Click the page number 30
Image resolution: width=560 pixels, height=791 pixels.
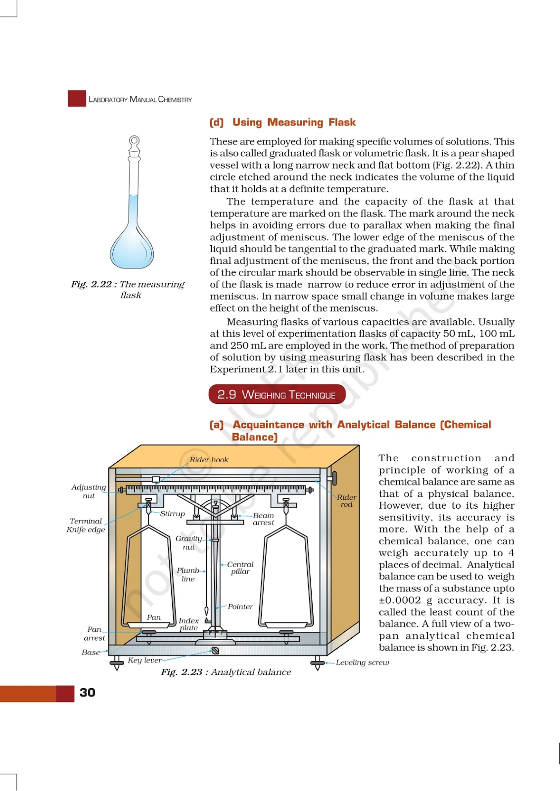click(x=87, y=693)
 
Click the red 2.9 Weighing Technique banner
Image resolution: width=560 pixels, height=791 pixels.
click(x=277, y=395)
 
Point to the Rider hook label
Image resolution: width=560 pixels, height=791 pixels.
click(x=209, y=460)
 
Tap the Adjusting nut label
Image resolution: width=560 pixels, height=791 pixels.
click(x=89, y=491)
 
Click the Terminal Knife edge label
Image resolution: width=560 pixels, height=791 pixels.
click(x=86, y=525)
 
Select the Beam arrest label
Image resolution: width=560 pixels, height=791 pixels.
click(x=263, y=519)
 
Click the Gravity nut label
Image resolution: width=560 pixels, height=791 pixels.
click(x=188, y=542)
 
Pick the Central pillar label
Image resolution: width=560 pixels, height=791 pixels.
click(x=240, y=568)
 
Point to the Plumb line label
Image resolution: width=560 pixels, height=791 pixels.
click(x=188, y=574)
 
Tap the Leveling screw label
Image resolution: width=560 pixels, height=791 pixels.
click(x=362, y=662)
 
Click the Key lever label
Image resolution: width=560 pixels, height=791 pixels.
click(x=144, y=660)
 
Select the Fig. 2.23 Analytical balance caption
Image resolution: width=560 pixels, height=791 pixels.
click(x=226, y=672)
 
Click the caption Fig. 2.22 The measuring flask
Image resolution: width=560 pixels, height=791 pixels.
click(x=128, y=289)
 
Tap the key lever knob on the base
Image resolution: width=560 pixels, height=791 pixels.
click(x=215, y=651)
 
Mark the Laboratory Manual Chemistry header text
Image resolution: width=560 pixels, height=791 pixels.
click(x=140, y=99)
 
